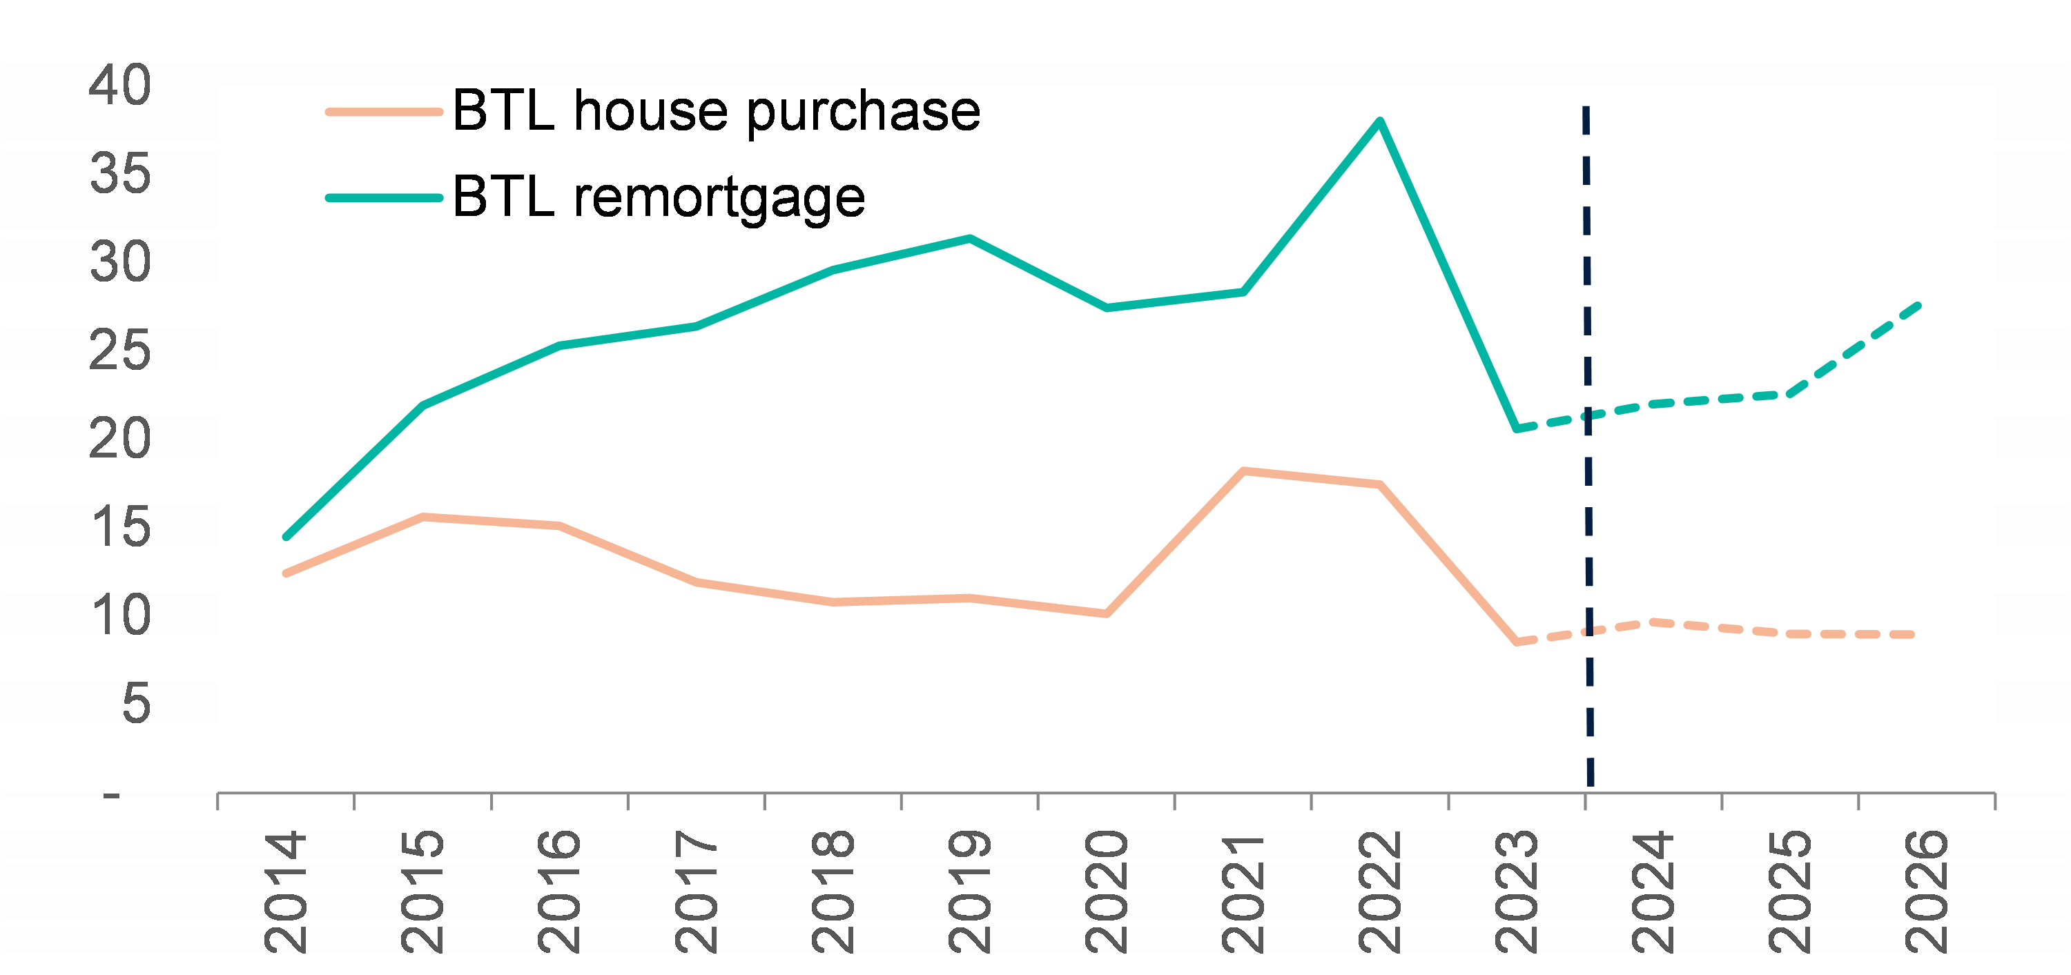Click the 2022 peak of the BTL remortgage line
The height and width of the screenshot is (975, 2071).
pos(1379,122)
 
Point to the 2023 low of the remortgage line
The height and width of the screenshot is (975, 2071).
pos(1516,429)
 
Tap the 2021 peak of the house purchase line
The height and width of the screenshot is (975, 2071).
pos(1243,471)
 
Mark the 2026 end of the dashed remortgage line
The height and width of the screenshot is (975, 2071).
pos(1918,304)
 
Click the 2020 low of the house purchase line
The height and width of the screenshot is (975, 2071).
pos(1106,613)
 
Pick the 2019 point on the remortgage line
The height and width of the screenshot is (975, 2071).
pos(970,239)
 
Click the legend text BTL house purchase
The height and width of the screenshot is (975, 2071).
pos(715,111)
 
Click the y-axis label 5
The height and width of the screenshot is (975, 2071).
pos(136,704)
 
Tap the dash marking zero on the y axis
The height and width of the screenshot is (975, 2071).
pos(112,796)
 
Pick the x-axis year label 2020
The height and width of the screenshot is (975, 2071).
pos(1106,892)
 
